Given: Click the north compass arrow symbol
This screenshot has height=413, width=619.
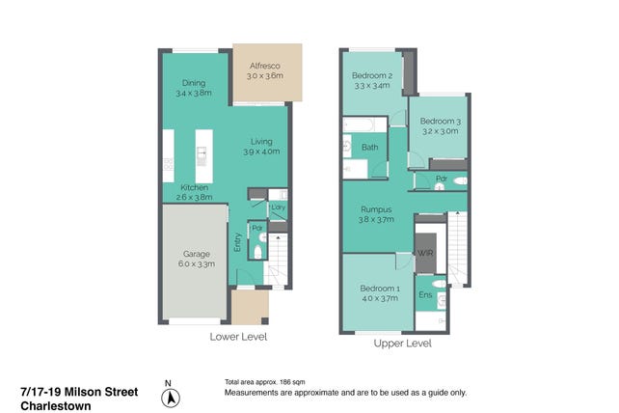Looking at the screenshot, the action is (171, 398).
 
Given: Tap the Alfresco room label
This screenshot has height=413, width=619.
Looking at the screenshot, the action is (265, 66).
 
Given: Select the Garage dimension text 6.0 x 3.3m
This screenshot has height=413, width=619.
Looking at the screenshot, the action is (197, 264).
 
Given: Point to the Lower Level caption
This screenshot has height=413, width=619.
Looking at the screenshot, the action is (238, 337).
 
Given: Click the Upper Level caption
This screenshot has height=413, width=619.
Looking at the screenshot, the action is (403, 344).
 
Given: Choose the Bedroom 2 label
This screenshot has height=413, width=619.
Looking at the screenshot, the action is (372, 75).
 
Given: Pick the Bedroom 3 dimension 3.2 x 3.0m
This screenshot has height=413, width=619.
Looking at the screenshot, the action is (441, 131).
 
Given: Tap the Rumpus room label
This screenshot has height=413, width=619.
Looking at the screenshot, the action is (376, 209).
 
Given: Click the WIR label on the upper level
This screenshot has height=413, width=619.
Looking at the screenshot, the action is (425, 253).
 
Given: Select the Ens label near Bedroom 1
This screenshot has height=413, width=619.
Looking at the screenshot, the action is (425, 295).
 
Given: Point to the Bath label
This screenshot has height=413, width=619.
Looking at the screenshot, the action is (370, 148).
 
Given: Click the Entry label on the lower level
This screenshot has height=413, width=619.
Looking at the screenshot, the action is (237, 242).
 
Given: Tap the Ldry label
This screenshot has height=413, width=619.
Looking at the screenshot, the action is (278, 207).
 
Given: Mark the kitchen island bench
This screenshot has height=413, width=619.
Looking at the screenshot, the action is (204, 156).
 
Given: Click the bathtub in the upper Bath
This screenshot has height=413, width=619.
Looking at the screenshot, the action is (359, 125).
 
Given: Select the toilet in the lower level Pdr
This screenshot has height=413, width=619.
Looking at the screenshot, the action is (257, 252).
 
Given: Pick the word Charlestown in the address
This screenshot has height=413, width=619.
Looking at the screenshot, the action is (56, 406).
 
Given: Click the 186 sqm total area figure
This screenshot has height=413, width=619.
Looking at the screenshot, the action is (292, 382).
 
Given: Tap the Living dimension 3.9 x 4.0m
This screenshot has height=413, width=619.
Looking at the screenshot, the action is (261, 151).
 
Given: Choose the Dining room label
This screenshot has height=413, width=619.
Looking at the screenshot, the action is (194, 83).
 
